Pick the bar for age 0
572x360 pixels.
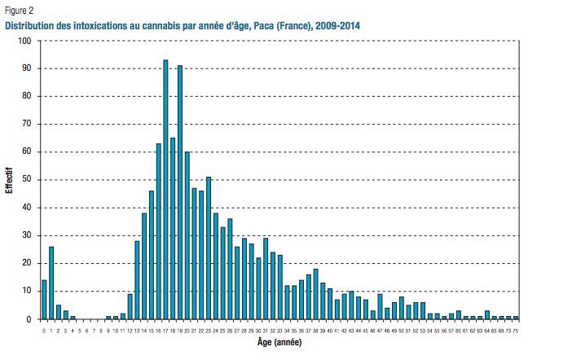(44, 300)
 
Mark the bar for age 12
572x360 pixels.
(130, 306)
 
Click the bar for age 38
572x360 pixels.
(315, 294)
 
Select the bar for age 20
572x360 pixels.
(187, 235)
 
